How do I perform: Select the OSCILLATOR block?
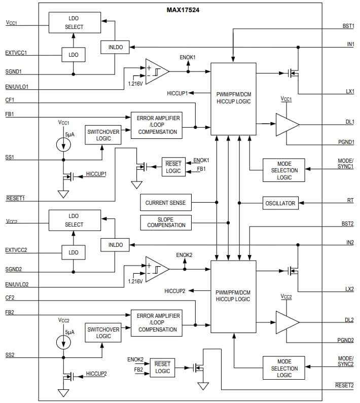click(280, 203)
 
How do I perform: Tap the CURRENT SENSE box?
click(165, 203)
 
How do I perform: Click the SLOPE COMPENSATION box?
click(166, 222)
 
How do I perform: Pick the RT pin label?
click(350, 201)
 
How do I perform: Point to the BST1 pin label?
click(348, 25)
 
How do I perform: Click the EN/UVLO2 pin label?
click(17, 285)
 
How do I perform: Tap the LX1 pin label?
click(349, 91)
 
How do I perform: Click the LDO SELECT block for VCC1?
click(74, 23)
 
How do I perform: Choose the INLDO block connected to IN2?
click(115, 245)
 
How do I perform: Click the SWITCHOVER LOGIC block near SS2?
click(103, 333)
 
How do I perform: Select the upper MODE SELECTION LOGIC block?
click(284, 170)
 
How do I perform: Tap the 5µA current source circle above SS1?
click(63, 143)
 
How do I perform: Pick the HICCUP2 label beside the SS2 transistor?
click(96, 374)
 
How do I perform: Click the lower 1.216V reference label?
click(135, 281)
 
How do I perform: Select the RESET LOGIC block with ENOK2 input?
click(162, 368)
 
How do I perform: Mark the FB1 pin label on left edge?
click(10, 115)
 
